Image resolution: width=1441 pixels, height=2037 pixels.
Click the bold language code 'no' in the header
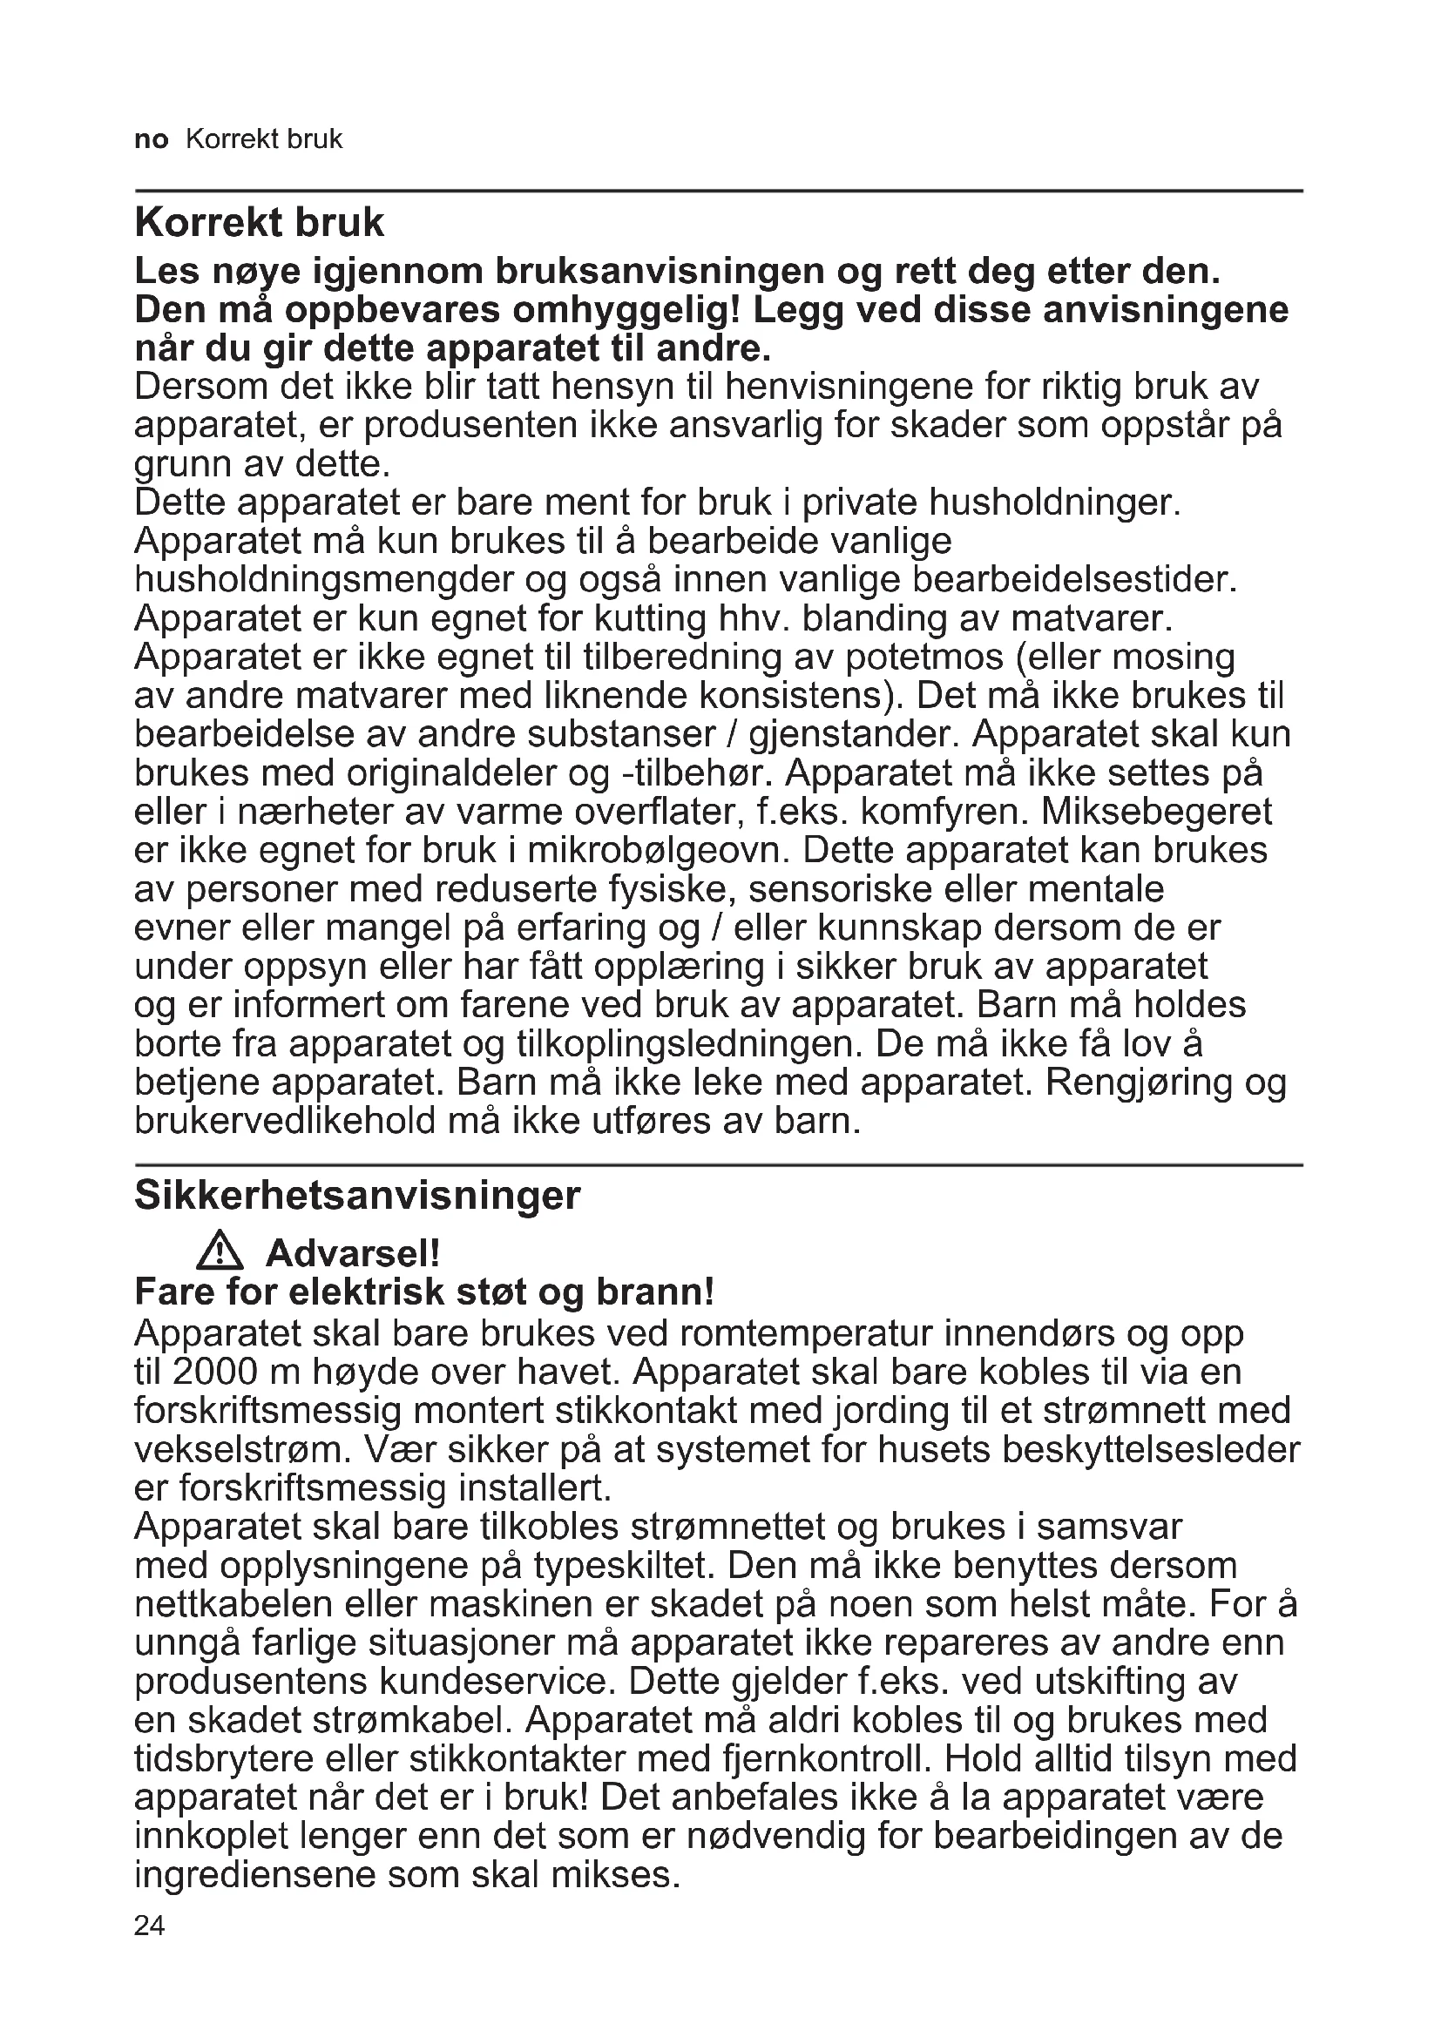151,140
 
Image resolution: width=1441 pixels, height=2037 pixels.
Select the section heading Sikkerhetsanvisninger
357,1195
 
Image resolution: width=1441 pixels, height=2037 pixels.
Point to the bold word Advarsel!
352,1252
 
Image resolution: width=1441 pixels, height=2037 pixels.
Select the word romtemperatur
804,1332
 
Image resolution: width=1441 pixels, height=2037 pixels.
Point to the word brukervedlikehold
286,1121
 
